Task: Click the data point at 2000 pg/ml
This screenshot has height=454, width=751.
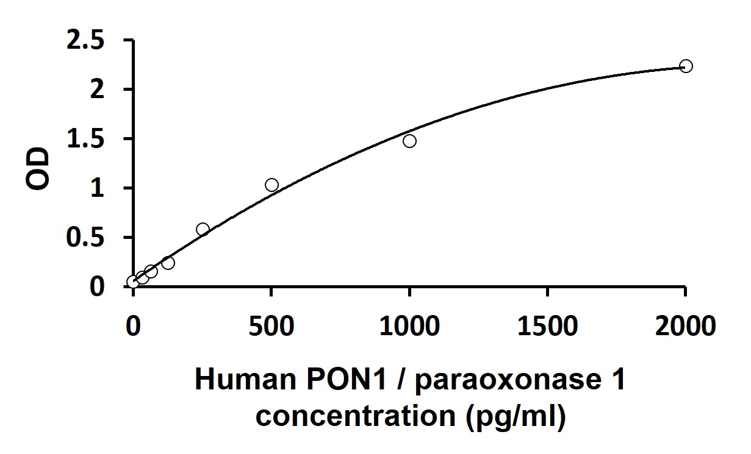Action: [686, 66]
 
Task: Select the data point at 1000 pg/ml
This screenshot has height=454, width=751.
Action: [409, 141]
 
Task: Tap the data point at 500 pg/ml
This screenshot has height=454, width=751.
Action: [271, 185]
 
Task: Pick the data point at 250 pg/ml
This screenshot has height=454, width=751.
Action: [203, 229]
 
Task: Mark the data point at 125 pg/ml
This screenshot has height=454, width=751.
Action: [168, 263]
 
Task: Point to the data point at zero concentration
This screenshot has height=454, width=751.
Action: [133, 282]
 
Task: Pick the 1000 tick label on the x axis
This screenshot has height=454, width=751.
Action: [409, 326]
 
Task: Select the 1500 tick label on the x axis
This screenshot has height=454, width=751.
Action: [547, 326]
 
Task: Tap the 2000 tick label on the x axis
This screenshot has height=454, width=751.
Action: [685, 326]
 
